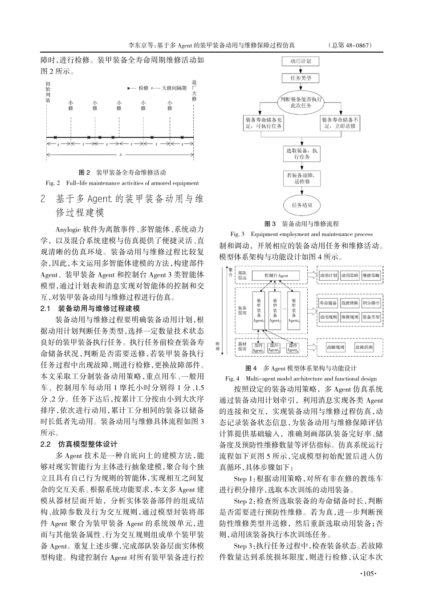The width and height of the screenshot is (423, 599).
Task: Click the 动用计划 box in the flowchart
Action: [x=301, y=61]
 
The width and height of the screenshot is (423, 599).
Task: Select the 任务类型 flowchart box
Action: [x=301, y=78]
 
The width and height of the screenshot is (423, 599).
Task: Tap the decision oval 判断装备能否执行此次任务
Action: [x=301, y=102]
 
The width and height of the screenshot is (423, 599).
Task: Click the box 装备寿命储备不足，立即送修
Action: [x=340, y=123]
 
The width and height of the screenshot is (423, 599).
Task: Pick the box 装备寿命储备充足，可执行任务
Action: [x=263, y=123]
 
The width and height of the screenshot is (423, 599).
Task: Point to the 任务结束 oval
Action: [x=301, y=205]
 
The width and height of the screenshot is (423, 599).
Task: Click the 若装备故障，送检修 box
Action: [x=301, y=178]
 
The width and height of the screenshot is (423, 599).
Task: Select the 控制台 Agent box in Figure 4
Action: [x=276, y=276]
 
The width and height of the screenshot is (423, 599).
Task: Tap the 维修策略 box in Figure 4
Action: [x=371, y=276]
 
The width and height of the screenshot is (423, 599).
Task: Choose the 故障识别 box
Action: [x=364, y=347]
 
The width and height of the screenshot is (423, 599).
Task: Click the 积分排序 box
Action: [x=371, y=303]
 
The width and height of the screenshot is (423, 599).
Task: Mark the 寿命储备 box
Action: [x=328, y=303]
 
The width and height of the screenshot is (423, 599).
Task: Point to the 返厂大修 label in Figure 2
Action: [x=194, y=90]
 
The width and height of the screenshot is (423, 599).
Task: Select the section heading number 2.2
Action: [x=46, y=444]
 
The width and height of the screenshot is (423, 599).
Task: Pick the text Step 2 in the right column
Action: [x=243, y=501]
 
